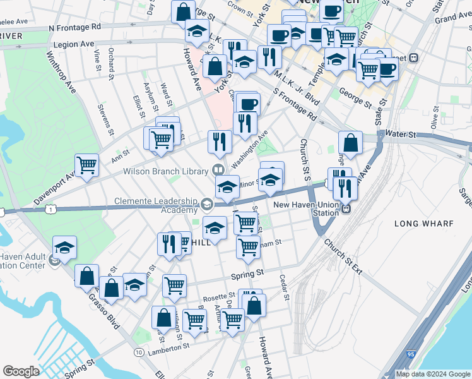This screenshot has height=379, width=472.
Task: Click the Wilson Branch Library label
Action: coord(165,171)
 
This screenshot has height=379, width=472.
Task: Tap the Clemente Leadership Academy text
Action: coord(156,205)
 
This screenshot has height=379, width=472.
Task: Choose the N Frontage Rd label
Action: coord(74,27)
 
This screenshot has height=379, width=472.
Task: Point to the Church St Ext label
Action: coord(344,256)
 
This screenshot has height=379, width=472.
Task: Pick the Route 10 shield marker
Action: coord(138,351)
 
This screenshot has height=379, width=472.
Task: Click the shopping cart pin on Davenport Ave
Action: coord(86,165)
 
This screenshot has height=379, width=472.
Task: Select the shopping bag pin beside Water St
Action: coord(351,143)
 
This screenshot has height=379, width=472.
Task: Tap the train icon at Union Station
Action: coord(346,207)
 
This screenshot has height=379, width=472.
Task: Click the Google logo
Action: coord(21,371)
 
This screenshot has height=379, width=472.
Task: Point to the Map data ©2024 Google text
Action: coord(432,374)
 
